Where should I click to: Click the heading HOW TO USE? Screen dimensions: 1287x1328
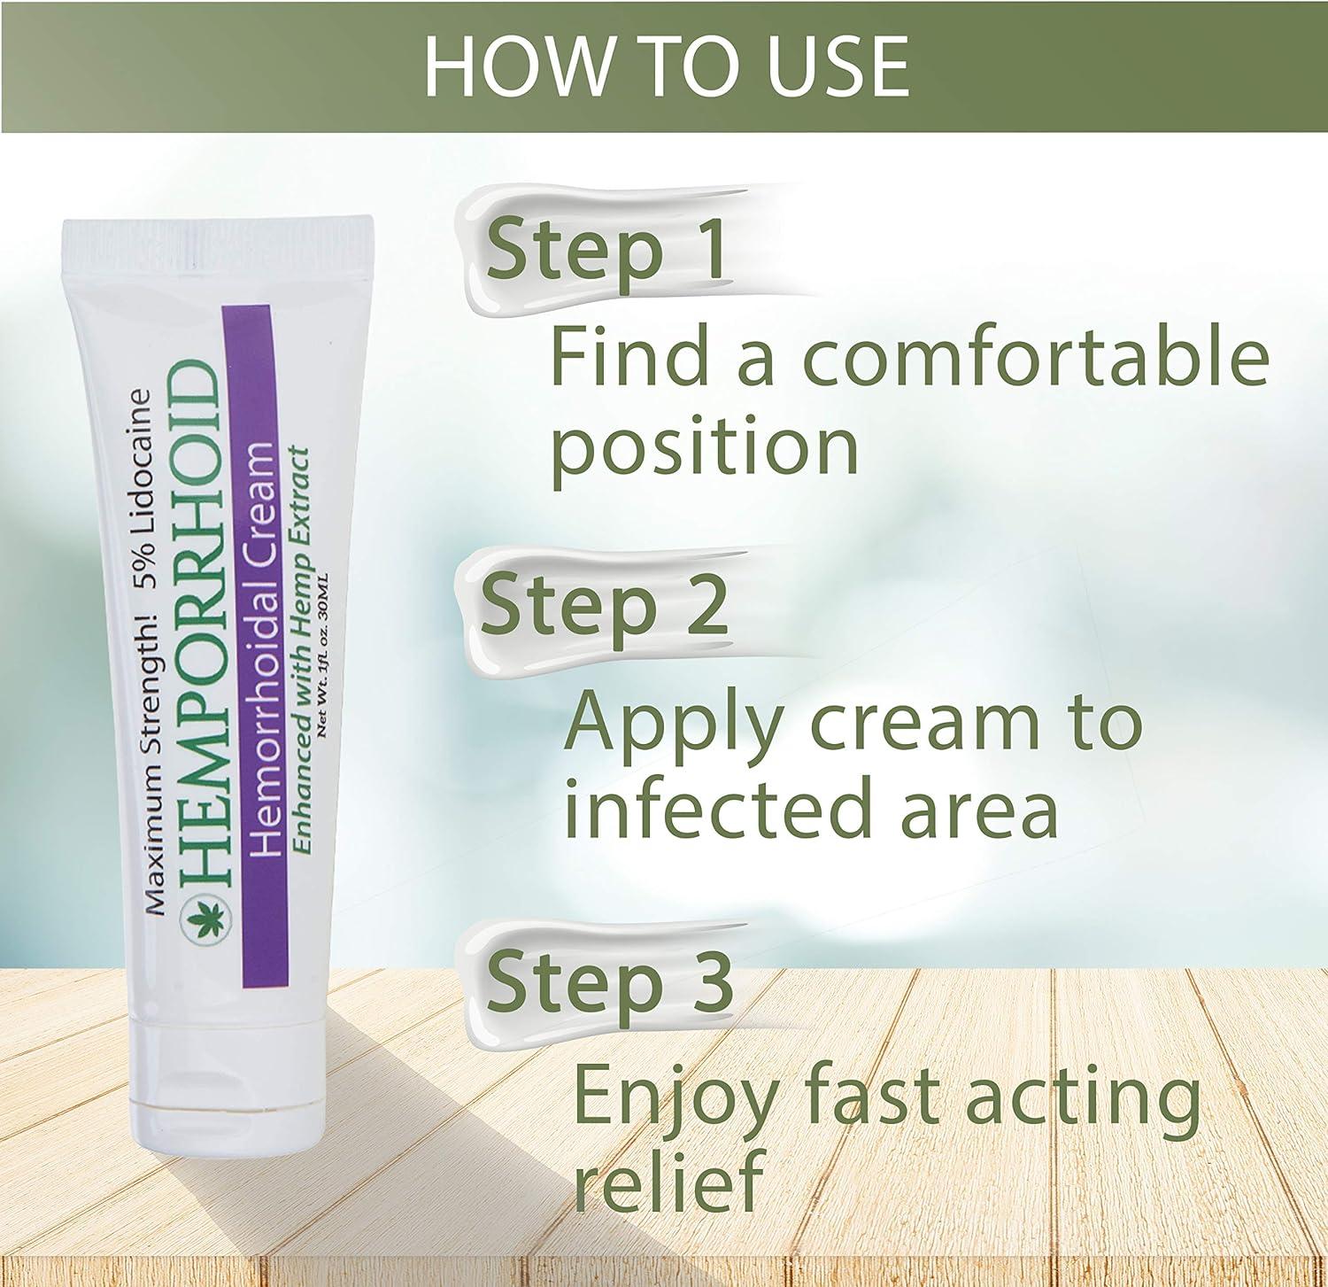point(666,66)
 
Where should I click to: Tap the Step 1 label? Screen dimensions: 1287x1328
point(605,250)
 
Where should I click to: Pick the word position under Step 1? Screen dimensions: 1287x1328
point(705,448)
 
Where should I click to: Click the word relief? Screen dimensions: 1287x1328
point(668,1182)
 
